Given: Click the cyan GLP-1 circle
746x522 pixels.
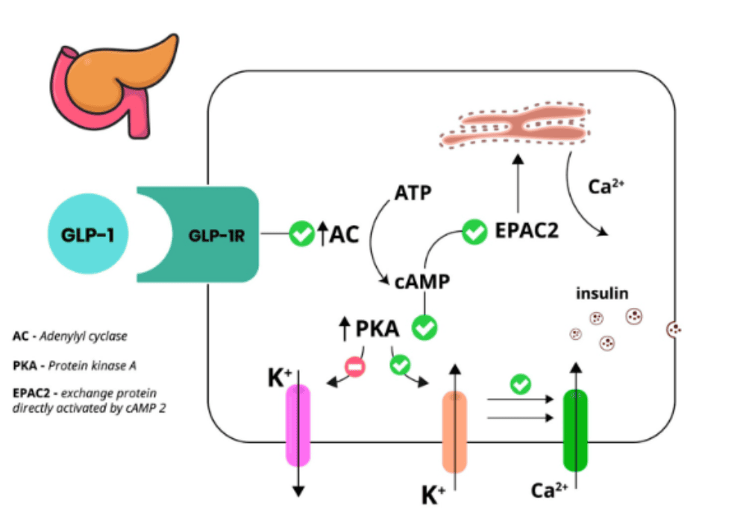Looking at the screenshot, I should tap(88, 234).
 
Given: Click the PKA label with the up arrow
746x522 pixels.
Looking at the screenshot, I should tap(377, 328).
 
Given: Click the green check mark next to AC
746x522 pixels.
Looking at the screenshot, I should tap(301, 234).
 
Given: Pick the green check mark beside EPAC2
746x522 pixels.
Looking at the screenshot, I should tap(474, 233).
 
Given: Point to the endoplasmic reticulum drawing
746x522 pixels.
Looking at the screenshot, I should tap(515, 126).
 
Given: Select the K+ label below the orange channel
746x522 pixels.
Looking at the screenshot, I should tap(433, 494).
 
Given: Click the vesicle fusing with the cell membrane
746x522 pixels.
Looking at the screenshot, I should tap(674, 328).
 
